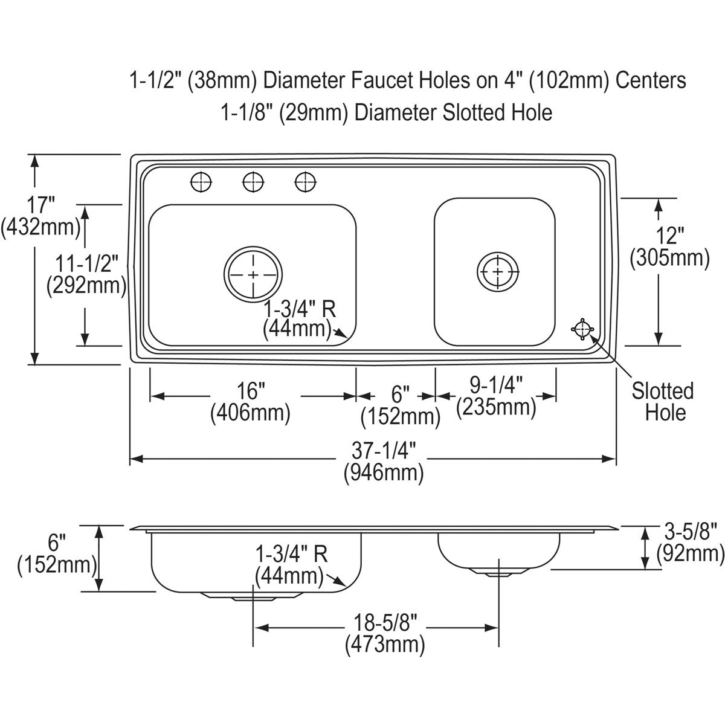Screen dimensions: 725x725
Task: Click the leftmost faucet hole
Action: (x=201, y=181)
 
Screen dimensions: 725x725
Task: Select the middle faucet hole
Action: (x=253, y=181)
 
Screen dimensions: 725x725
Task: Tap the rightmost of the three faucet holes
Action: (x=306, y=181)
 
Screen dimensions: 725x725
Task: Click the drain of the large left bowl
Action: (x=253, y=275)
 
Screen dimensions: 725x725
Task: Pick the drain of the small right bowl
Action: (x=498, y=271)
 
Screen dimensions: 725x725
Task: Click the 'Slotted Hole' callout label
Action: (x=663, y=402)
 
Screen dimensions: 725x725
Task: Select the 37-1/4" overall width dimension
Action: (x=384, y=461)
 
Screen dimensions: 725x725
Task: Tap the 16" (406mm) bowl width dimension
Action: (x=250, y=402)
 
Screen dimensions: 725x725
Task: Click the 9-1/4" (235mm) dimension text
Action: (x=496, y=396)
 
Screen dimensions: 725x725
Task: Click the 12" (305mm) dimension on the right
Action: (x=669, y=246)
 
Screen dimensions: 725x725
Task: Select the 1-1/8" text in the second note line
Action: (x=246, y=112)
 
